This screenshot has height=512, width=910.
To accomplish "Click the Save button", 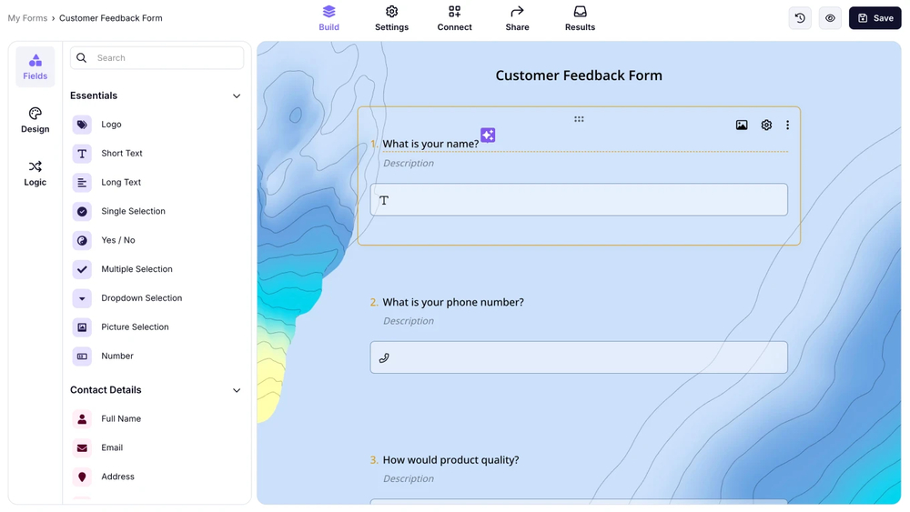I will coord(875,18).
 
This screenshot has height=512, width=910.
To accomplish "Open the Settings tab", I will coord(391,18).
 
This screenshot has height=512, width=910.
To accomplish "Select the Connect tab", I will coord(454,18).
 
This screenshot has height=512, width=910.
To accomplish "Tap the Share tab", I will coord(517,18).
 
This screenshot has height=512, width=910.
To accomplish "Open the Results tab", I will coord(580,18).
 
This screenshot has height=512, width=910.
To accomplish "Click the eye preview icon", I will coord(830,18).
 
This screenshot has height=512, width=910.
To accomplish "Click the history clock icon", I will coord(800,18).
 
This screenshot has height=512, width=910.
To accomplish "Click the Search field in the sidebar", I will coord(164,58).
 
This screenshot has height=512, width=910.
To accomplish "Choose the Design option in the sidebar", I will coord(35,120).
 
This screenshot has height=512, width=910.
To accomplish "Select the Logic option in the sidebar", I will coord(35,173).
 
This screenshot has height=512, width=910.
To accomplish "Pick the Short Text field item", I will coord(121,154).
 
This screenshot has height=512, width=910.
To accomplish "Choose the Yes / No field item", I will coord(117,240).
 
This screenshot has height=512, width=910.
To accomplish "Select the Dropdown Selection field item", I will coord(141,298).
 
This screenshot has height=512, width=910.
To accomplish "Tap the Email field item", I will coord(111,447).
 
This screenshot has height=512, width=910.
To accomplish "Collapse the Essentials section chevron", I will coord(237,96).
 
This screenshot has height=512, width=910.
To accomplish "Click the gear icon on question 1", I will coord(766,125).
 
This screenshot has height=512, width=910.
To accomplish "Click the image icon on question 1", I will coord(742,125).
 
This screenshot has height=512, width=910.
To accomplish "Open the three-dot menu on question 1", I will coord(787,125).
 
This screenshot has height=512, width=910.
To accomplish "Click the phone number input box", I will coord(579,357).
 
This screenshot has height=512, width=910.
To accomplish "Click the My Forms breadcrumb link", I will coord(27,18).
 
